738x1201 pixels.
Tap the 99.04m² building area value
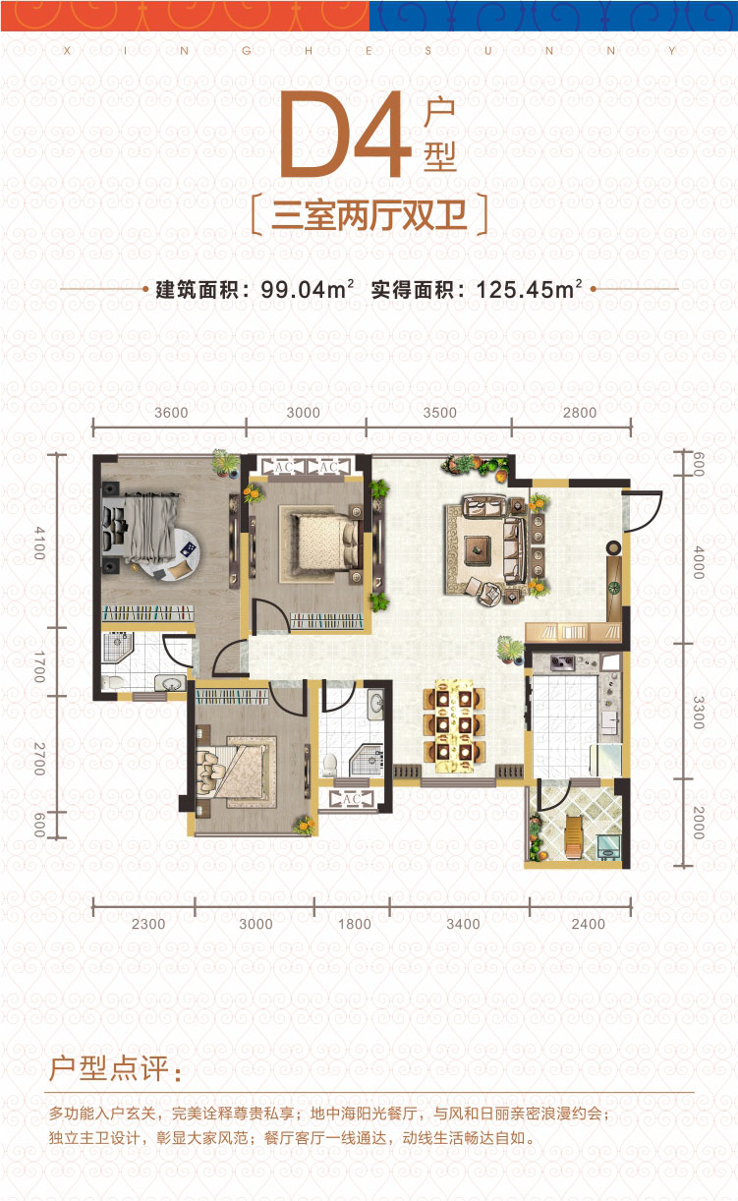point(308,290)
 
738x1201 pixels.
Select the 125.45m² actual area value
point(529,290)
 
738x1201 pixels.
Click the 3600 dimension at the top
point(172,413)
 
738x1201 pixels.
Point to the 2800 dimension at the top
point(580,413)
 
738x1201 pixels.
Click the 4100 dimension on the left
point(39,543)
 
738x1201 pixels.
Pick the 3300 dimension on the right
point(699,712)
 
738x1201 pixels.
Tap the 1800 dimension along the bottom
point(355,924)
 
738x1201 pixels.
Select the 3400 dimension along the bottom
point(463,924)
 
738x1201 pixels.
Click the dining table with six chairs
point(454,726)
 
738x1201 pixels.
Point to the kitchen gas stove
point(562,662)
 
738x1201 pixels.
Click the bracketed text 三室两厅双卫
point(369,215)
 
